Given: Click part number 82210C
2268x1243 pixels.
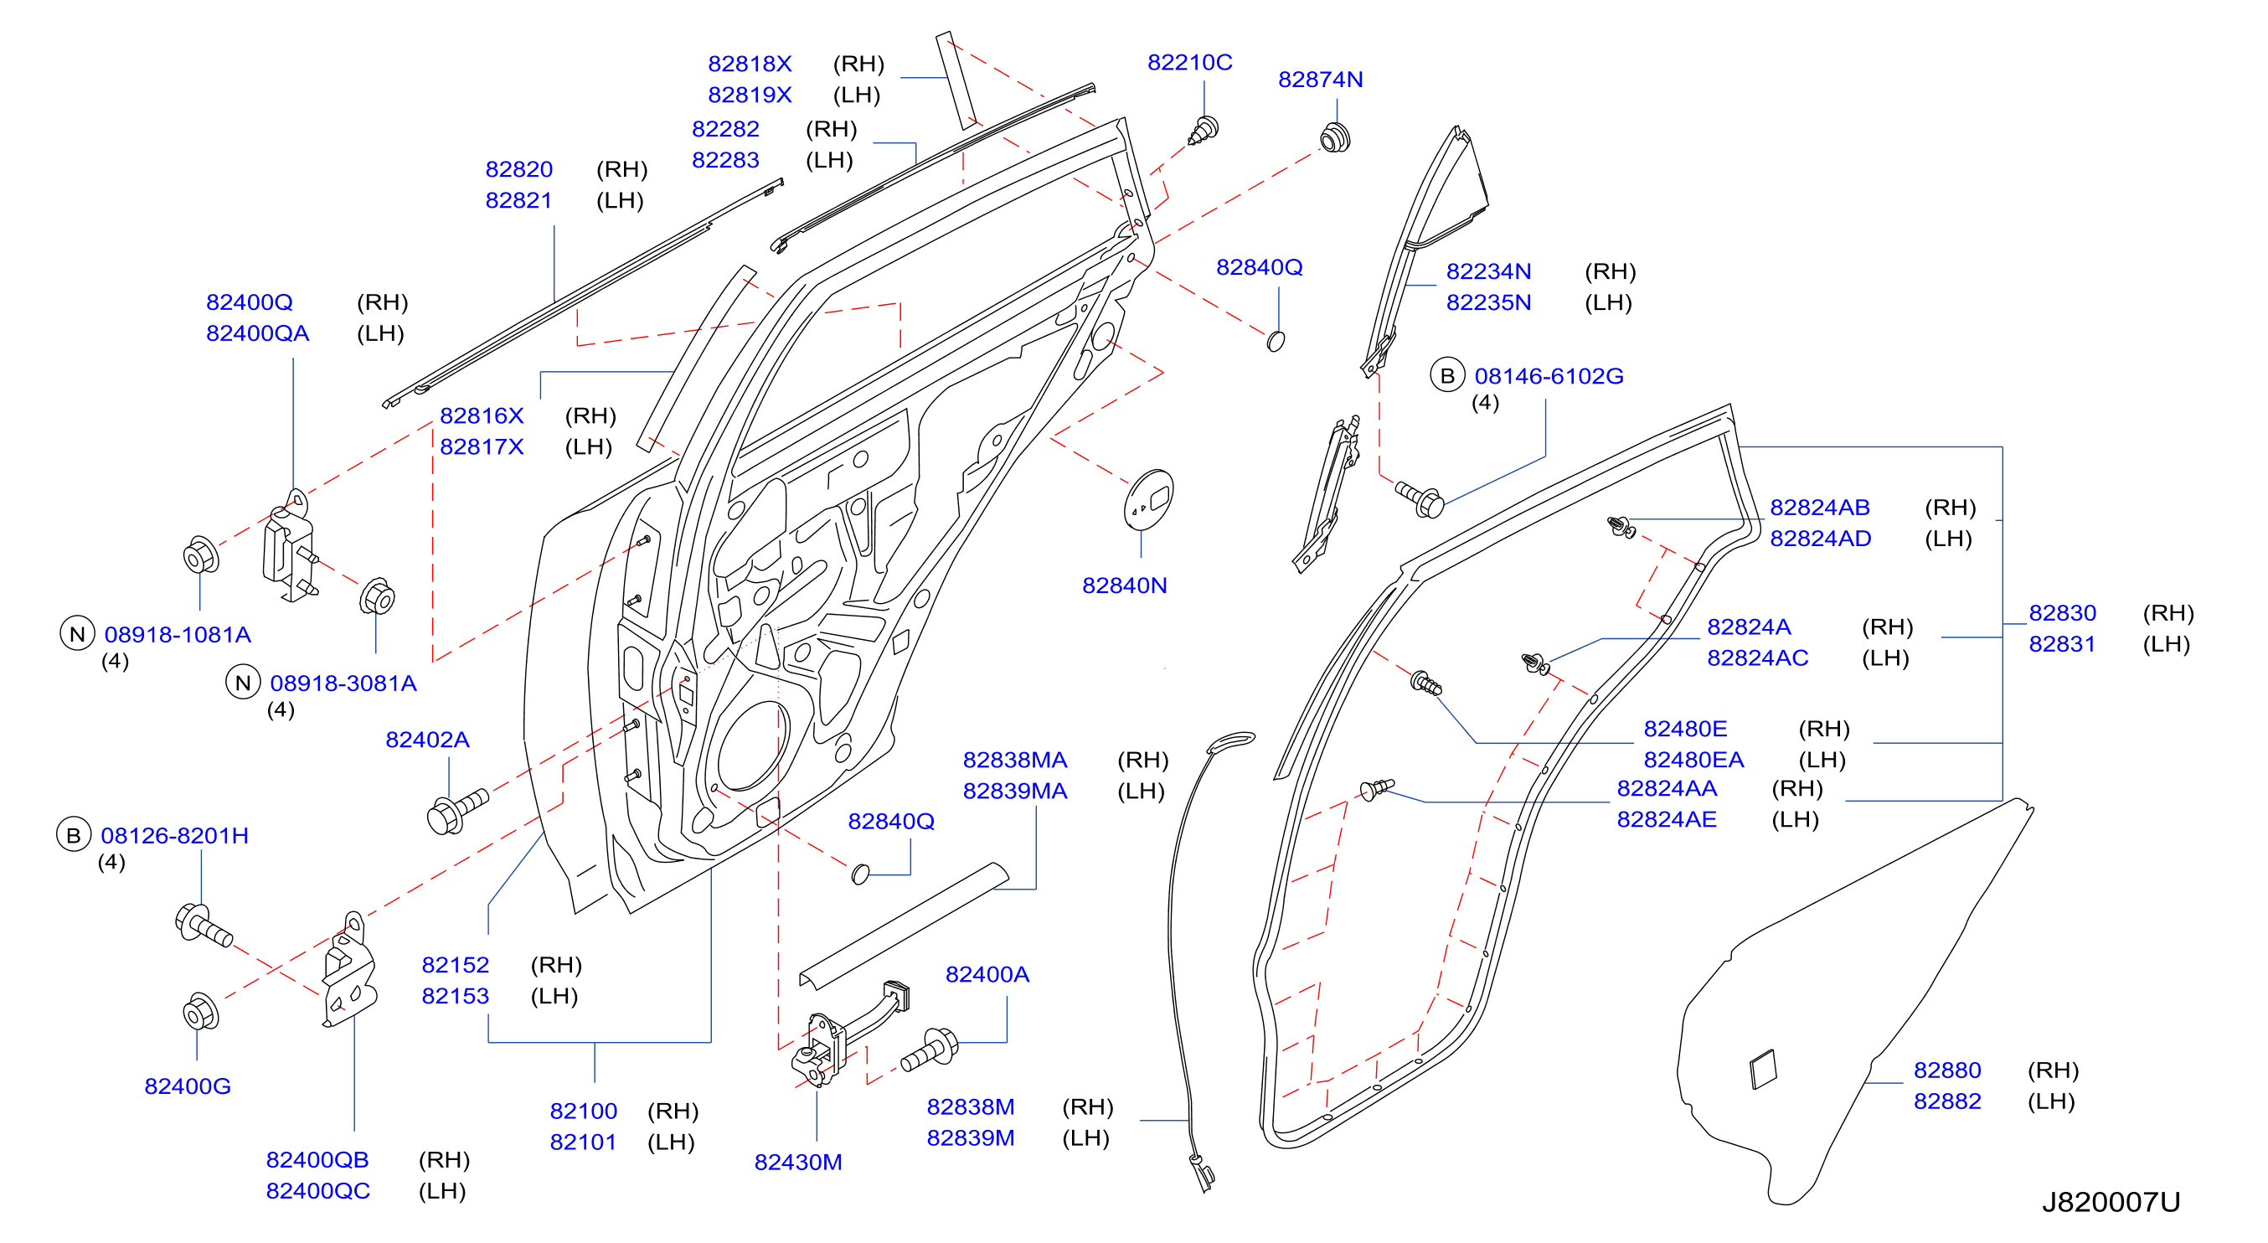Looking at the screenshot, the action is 1189,63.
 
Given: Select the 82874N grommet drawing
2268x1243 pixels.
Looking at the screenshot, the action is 1335,138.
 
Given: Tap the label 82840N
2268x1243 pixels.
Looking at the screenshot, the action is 1124,585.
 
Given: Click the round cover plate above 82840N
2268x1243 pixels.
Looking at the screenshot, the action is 1149,499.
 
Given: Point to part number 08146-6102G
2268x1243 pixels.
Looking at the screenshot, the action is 1549,376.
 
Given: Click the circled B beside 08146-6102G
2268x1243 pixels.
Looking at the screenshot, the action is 1447,376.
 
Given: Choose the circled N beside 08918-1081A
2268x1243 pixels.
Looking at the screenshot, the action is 78,634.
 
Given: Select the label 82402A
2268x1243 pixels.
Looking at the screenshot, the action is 427,740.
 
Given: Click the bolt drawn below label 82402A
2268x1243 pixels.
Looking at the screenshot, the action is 457,811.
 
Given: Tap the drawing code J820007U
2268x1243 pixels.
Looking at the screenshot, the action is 2111,1202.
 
